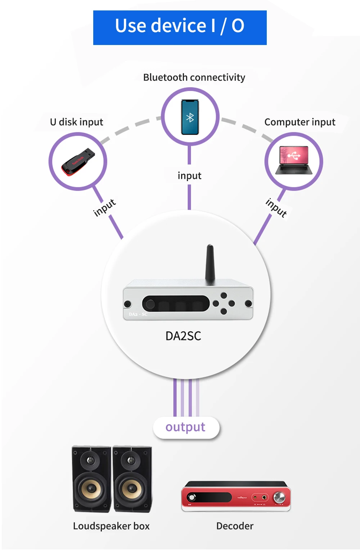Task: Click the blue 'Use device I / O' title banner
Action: tap(180, 27)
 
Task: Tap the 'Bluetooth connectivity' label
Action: tap(194, 77)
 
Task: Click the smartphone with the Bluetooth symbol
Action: tap(190, 117)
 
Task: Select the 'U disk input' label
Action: tap(76, 122)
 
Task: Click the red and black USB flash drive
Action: tap(78, 162)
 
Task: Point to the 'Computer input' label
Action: tap(300, 122)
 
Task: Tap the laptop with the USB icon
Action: tap(294, 160)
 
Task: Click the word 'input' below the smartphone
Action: tap(189, 176)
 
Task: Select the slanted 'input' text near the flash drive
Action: tap(104, 208)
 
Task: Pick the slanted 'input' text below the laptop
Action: tap(276, 208)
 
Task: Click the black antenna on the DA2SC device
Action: tap(210, 265)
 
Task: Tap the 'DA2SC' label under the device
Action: tap(183, 336)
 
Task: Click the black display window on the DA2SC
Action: tap(176, 304)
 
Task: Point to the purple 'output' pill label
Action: tap(186, 427)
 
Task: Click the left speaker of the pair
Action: tap(91, 479)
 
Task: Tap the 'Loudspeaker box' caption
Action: tap(111, 526)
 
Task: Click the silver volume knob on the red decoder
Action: tap(279, 498)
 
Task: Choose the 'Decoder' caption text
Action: tap(235, 526)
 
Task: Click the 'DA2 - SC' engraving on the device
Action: tap(138, 314)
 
